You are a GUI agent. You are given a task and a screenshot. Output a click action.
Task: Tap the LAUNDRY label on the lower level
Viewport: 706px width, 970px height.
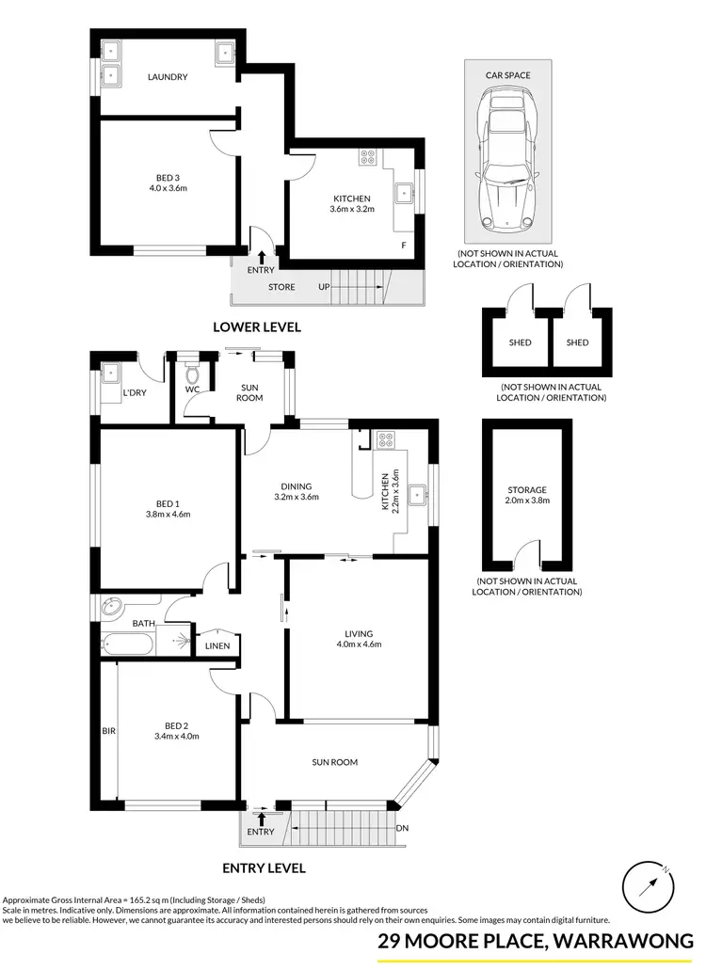click(x=167, y=77)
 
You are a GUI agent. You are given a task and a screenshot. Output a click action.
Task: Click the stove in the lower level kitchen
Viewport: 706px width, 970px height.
click(x=366, y=158)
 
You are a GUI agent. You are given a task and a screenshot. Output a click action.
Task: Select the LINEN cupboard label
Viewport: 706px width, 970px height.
click(x=217, y=646)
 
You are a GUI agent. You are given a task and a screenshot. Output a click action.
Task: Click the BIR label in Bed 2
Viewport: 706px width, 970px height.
click(x=107, y=729)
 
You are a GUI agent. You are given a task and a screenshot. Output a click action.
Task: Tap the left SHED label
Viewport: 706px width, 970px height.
click(x=520, y=342)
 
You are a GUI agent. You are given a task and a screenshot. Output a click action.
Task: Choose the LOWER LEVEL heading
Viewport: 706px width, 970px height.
click(x=257, y=327)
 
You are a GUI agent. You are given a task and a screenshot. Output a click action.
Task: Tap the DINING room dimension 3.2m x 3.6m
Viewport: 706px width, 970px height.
click(x=297, y=497)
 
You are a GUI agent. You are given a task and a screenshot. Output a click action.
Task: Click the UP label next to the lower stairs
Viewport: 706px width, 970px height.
click(x=324, y=287)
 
